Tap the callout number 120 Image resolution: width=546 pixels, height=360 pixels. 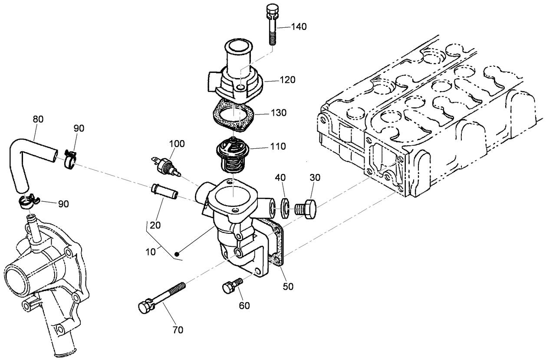coord(287,80)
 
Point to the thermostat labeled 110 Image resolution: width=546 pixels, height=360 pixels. coord(233,154)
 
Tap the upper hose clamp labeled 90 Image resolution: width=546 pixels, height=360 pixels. coord(69,158)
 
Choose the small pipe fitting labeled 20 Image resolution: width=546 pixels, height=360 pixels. coord(164,192)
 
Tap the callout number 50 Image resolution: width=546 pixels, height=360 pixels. coord(288,286)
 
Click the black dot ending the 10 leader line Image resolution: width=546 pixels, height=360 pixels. coord(177,254)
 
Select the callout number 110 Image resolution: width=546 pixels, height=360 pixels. coord(277,146)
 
